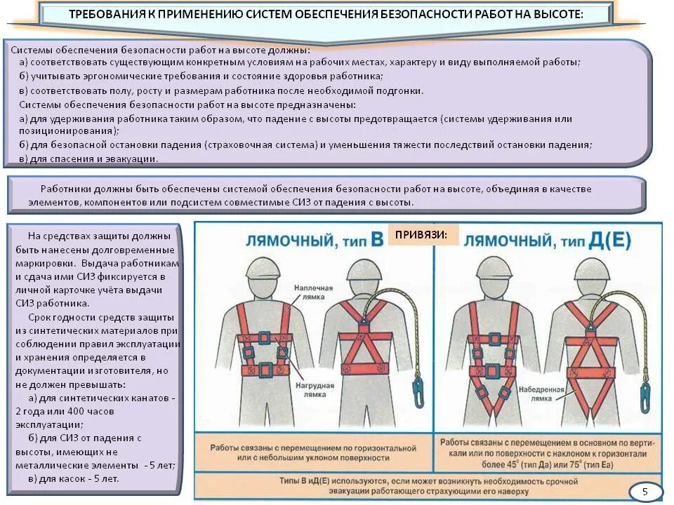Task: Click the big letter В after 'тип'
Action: coord(377,241)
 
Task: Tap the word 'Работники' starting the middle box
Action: coord(63,189)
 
